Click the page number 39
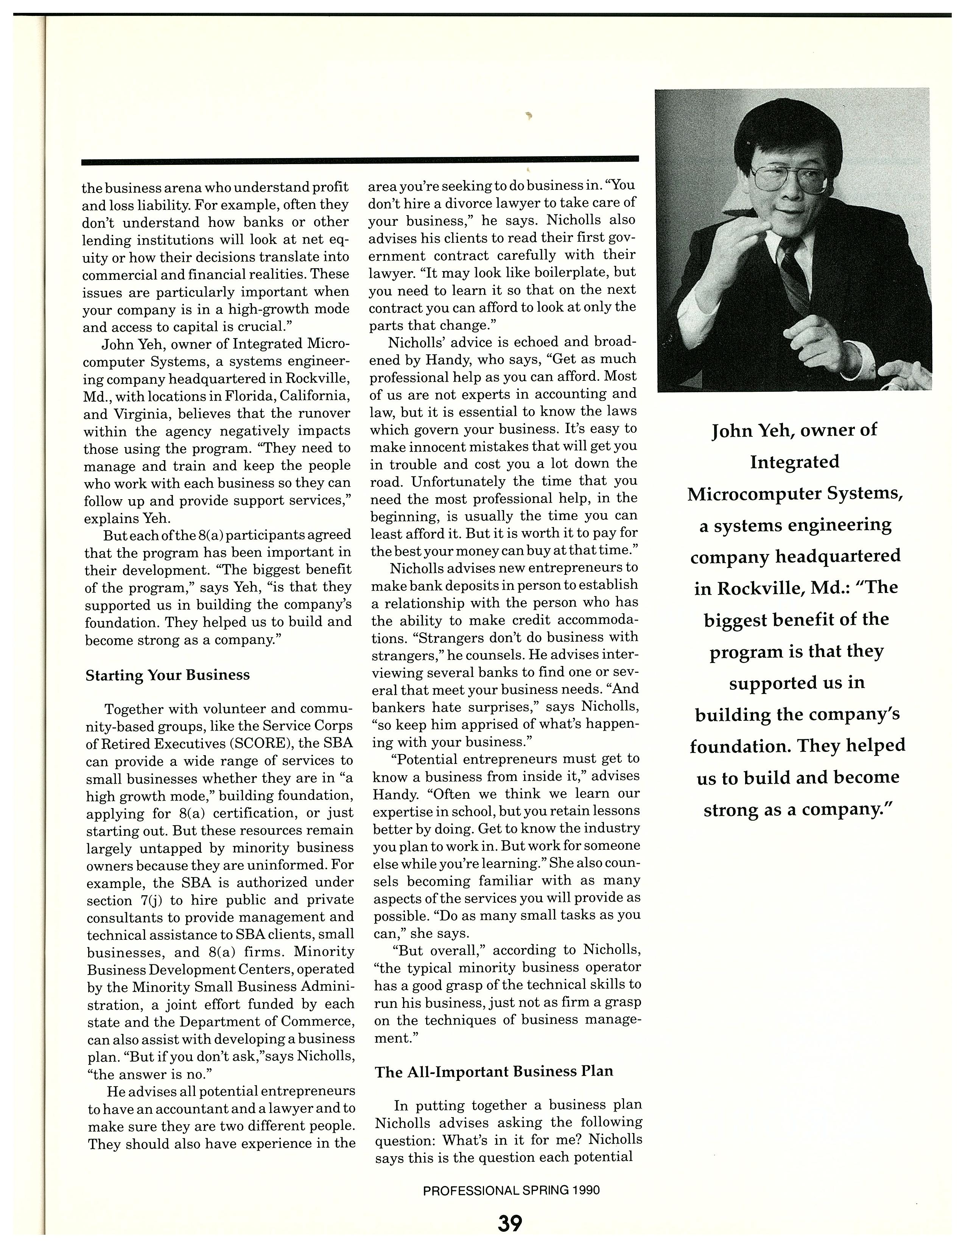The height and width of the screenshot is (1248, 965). pyautogui.click(x=509, y=1223)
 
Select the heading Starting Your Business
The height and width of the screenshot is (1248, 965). pyautogui.click(x=168, y=675)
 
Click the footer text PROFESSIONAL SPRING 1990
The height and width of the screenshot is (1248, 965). pyautogui.click(x=511, y=1190)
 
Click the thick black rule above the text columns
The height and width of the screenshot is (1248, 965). pyautogui.click(x=360, y=161)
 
